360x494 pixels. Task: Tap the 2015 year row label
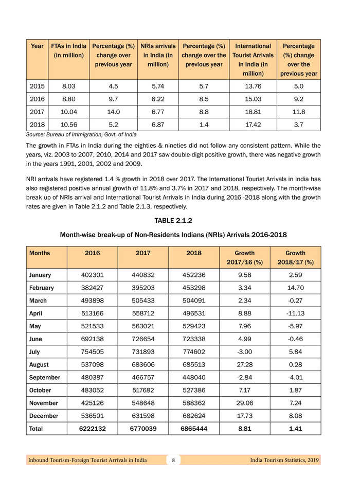[x=37, y=86]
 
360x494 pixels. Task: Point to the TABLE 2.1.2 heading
[x=173, y=220]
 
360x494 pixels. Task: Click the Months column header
[x=40, y=253]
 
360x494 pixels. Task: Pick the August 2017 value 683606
[x=143, y=364]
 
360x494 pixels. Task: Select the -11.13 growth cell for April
[x=295, y=313]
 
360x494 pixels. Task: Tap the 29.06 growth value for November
[x=245, y=403]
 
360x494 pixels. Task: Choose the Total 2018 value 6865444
[x=194, y=428]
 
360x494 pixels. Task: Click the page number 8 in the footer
[x=174, y=460]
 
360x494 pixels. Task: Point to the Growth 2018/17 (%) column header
[x=295, y=257]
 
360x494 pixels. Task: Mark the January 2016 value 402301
[x=93, y=275]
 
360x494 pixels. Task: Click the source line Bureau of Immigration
[x=81, y=134]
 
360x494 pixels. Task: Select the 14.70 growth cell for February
[x=295, y=288]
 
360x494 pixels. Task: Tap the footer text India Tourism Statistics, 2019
[x=284, y=460]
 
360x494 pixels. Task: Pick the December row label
[x=44, y=415]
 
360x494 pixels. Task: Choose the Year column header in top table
[x=37, y=46]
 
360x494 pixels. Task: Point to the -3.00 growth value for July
[x=245, y=352]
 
